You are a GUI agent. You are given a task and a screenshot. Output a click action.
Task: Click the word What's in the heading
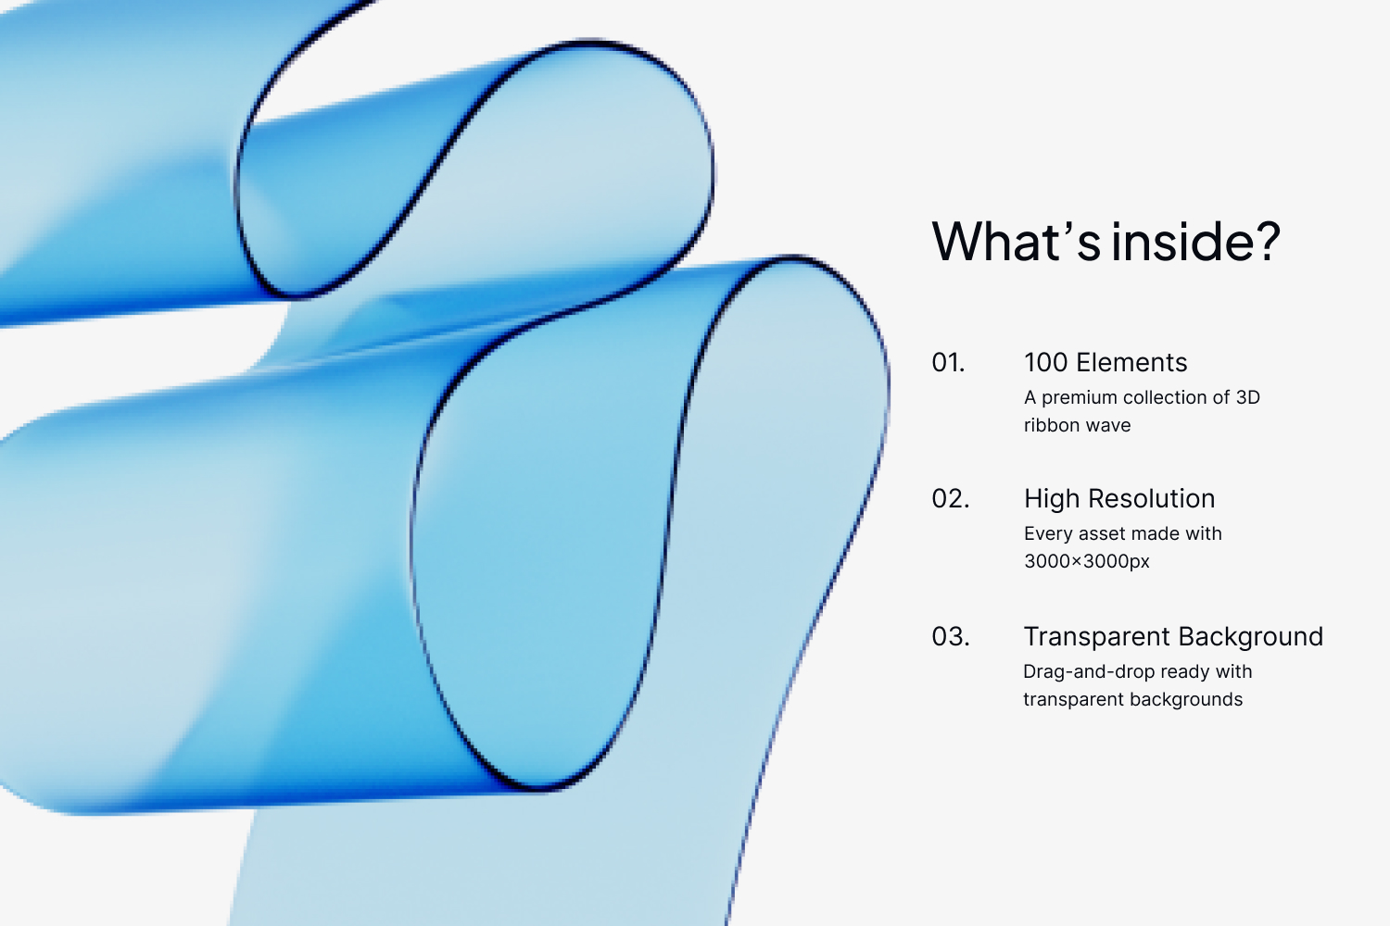pyautogui.click(x=1017, y=241)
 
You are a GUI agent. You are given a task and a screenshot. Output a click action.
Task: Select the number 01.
pyautogui.click(x=948, y=363)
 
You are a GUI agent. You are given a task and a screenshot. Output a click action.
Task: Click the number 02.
pyautogui.click(x=950, y=499)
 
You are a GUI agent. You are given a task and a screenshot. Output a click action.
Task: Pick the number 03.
pyautogui.click(x=950, y=637)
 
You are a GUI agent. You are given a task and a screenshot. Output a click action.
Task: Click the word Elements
pyautogui.click(x=1131, y=363)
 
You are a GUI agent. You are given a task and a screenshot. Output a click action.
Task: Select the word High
pyautogui.click(x=1052, y=500)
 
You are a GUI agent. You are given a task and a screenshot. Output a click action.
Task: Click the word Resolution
pyautogui.click(x=1151, y=499)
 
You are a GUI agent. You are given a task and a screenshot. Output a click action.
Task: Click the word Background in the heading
pyautogui.click(x=1250, y=637)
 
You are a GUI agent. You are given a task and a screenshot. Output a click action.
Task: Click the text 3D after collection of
pyautogui.click(x=1248, y=397)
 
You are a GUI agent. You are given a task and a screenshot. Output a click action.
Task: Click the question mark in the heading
pyautogui.click(x=1267, y=241)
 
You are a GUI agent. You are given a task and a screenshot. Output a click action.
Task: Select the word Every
pyautogui.click(x=1047, y=534)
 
